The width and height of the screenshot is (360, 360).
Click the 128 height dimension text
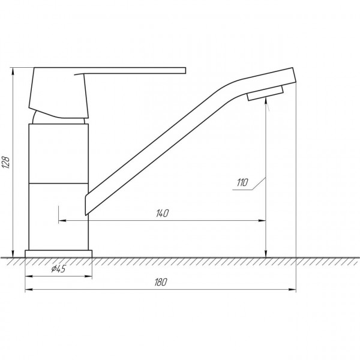[x=7, y=161]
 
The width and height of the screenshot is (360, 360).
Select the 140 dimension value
[x=163, y=213]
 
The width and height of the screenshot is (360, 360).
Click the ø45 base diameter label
[x=58, y=269]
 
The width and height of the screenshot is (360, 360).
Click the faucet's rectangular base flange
[x=59, y=253]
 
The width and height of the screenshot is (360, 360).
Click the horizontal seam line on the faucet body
[x=59, y=182]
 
